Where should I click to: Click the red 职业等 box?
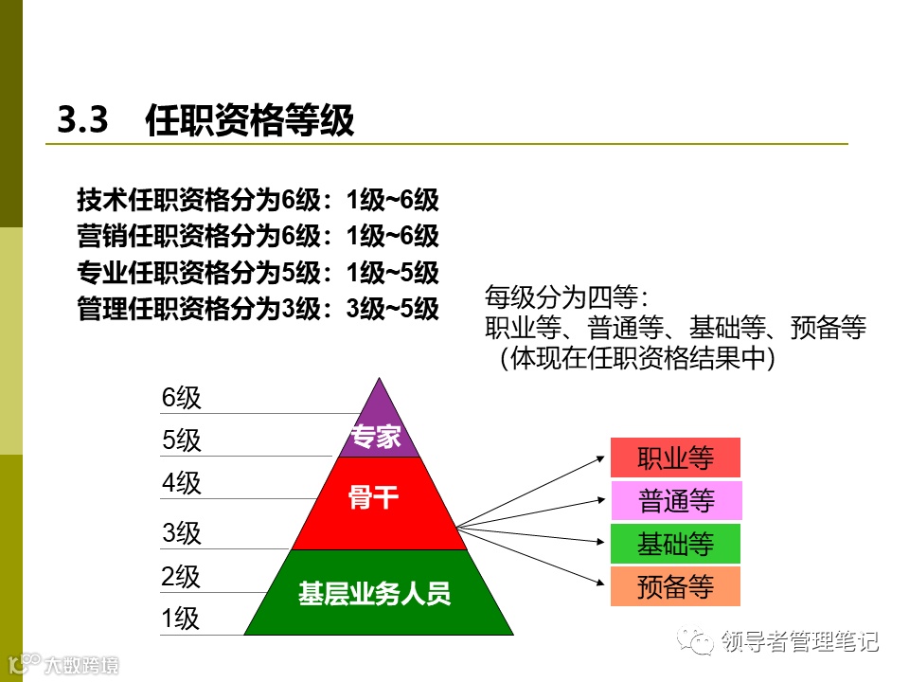675,458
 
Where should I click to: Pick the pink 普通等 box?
675,500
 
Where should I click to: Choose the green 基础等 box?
675,544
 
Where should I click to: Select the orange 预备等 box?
675,587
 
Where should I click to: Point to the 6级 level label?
182,398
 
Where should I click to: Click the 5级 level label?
182,440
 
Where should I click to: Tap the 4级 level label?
182,484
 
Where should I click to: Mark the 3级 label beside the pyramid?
182,533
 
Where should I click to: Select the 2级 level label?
182,576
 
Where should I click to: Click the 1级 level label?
181,619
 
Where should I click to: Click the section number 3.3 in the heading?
84,120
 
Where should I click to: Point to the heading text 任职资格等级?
250,121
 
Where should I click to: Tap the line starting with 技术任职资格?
258,200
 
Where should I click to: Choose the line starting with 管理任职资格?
258,309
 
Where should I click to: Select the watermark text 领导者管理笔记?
800,641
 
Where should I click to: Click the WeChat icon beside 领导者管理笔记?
702,642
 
